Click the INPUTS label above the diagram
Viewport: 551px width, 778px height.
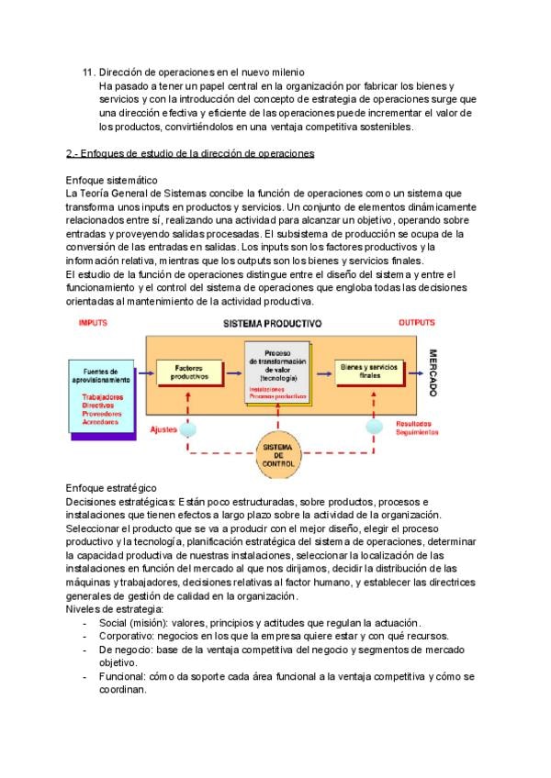(94, 323)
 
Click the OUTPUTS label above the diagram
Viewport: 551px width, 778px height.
(417, 323)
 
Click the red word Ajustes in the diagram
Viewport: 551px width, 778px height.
(163, 428)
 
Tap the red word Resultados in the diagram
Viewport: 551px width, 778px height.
(414, 424)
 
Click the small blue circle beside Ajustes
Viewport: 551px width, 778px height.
(188, 428)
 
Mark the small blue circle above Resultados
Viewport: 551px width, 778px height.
(375, 428)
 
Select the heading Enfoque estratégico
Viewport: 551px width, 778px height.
(111, 488)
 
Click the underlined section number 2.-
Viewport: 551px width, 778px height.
(73, 152)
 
